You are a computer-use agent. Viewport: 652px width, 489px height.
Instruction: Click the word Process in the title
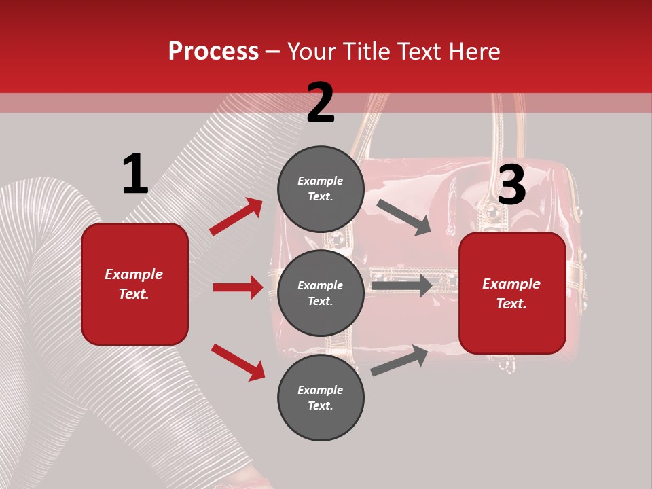point(213,51)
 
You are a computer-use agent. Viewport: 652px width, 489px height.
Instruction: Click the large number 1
point(135,175)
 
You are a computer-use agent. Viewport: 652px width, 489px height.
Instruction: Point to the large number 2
point(321,103)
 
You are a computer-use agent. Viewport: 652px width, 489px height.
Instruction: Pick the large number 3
point(511,185)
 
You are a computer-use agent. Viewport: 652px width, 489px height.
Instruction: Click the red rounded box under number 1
point(134,284)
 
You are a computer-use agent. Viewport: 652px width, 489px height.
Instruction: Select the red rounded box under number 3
point(512,293)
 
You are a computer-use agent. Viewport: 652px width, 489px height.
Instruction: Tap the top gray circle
point(321,189)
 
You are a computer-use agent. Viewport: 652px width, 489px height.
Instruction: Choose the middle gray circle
point(321,293)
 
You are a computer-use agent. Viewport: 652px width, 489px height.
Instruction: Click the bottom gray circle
point(321,398)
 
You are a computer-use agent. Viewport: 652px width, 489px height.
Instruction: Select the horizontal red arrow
point(238,287)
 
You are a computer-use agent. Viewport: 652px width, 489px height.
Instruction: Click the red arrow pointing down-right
point(238,362)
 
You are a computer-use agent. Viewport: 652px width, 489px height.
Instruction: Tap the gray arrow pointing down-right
point(404,217)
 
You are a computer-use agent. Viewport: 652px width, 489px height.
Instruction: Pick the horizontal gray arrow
point(401,285)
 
